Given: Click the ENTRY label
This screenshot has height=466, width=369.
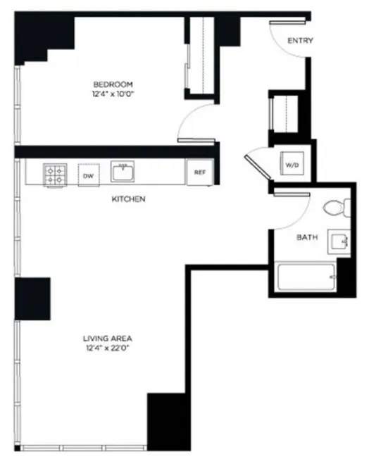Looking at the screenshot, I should pos(301,41).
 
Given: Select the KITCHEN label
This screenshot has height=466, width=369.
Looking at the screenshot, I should pos(128,199).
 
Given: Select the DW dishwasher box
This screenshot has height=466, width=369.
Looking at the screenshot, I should pos(89,175).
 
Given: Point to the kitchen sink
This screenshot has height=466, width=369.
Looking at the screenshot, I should pos(124,170).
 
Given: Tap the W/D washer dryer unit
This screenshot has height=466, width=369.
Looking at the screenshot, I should pos(292,165).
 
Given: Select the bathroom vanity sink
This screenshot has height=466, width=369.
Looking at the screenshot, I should pos(340,242).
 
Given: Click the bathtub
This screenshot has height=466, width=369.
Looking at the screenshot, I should pos(307,280).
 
